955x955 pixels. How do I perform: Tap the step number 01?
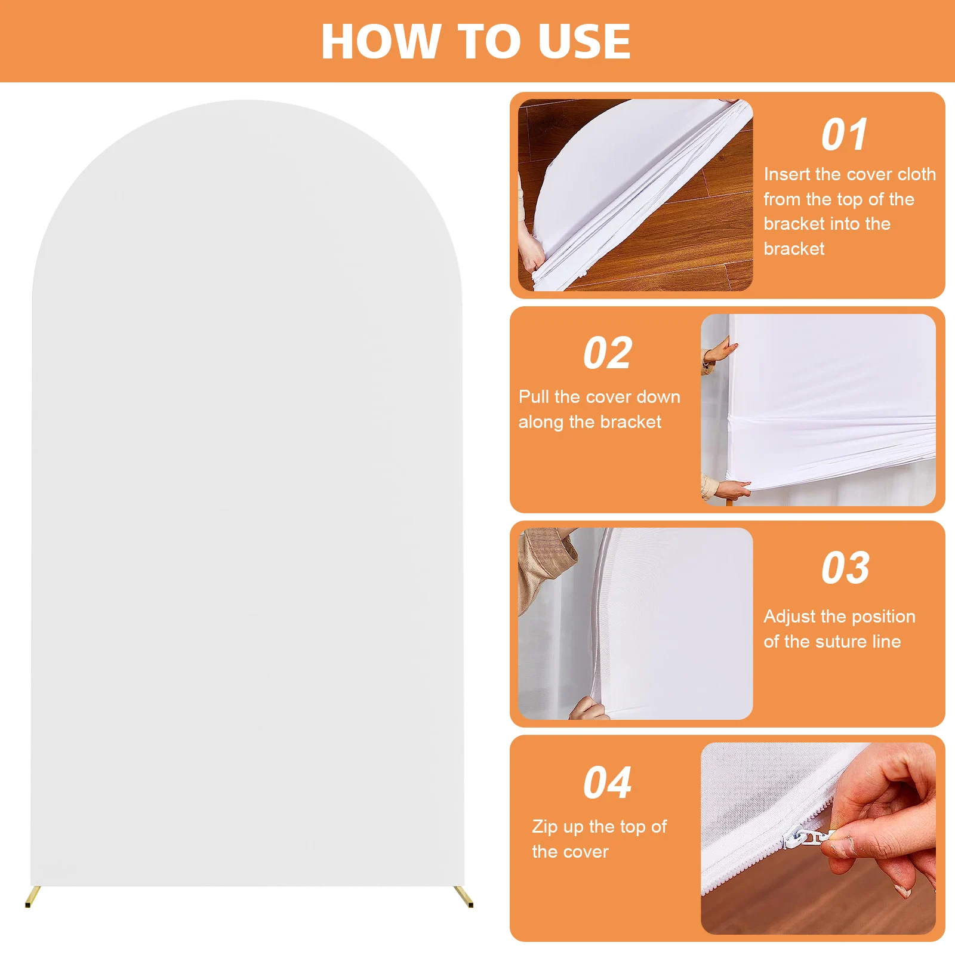[x=844, y=135]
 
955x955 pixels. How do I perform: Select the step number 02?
[x=608, y=353]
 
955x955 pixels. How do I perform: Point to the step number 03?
[x=845, y=568]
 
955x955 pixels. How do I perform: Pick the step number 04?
[x=608, y=783]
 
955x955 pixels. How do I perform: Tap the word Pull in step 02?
[x=534, y=397]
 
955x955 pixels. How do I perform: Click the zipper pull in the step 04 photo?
[x=809, y=837]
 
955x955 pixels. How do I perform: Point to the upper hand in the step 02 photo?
[x=719, y=351]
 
